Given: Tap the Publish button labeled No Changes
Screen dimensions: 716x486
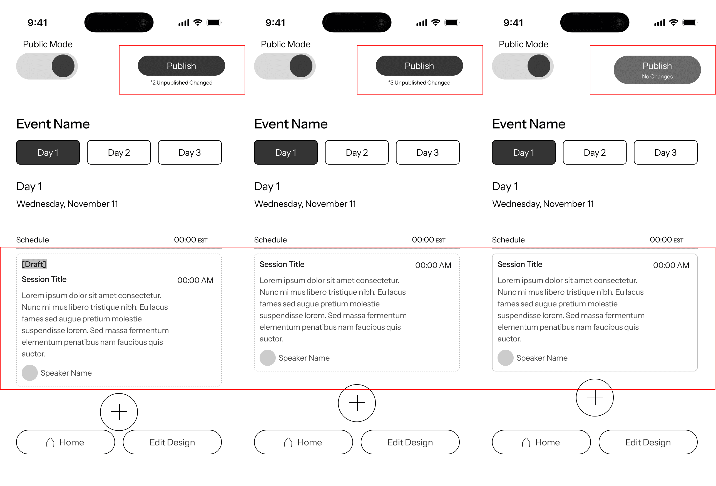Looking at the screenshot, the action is coord(657,70).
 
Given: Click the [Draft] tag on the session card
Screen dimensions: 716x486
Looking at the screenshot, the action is coord(34,264).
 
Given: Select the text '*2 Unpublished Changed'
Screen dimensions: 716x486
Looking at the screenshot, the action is coord(182,83).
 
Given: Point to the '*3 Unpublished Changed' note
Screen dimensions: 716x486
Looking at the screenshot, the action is coord(419,83).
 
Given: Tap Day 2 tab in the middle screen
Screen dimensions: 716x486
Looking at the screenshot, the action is coord(357,153).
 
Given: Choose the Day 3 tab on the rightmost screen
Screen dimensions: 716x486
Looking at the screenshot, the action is coord(665,153).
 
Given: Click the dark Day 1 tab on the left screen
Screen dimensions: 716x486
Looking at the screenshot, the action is coord(48,153).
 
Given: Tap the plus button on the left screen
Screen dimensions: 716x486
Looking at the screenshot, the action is coord(119,412).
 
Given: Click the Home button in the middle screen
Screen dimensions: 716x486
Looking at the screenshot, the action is coord(304,442).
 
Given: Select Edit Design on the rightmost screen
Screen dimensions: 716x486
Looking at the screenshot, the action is coord(648,442).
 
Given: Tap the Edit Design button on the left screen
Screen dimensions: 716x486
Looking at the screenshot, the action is coord(172,442).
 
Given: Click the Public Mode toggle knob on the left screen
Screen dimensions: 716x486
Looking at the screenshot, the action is coord(63,66).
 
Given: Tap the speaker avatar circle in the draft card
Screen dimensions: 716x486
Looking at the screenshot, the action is coord(29,373).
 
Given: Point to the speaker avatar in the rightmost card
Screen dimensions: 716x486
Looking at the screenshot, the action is coord(505,358).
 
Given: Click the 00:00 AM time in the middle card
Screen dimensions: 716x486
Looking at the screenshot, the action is coord(433,265).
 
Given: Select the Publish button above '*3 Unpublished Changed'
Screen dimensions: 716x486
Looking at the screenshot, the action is coord(419,66).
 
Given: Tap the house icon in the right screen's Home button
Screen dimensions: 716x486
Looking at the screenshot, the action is coord(526,443).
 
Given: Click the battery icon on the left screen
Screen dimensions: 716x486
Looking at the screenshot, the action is coord(214,23).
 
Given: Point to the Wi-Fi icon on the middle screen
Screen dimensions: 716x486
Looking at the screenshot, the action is coord(436,23).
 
